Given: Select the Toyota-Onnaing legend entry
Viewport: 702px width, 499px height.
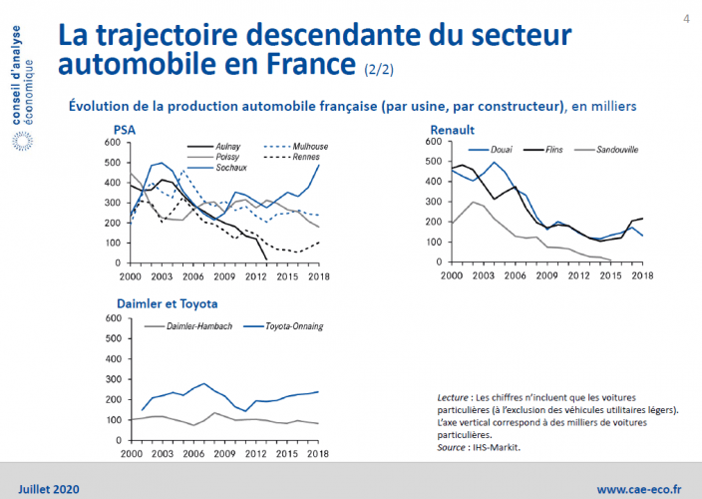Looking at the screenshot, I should point(293,326).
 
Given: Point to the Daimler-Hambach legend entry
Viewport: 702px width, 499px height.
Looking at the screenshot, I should point(190,326).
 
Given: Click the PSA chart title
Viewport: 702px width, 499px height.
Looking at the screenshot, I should point(125,131).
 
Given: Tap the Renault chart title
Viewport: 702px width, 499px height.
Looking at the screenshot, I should point(452,131).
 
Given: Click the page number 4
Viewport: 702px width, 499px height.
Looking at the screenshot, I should point(687,18).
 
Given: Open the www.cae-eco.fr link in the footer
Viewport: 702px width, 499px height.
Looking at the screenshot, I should point(639,489).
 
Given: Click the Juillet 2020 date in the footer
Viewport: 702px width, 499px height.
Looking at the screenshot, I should point(47,489).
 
